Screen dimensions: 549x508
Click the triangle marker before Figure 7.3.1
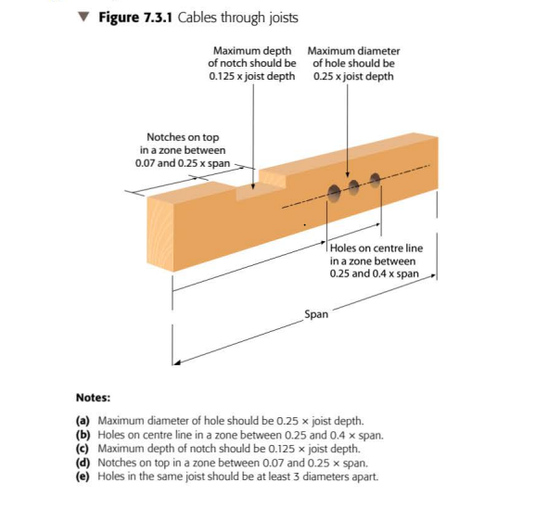pyautogui.click(x=83, y=17)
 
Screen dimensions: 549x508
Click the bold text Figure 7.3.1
pyautogui.click(x=135, y=18)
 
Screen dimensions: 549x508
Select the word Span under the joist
pyautogui.click(x=316, y=314)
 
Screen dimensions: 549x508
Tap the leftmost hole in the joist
pyautogui.click(x=334, y=193)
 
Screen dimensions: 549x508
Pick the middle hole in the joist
pyautogui.click(x=353, y=186)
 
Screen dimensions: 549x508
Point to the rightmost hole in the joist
pyautogui.click(x=375, y=179)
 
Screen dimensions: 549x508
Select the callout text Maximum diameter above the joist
pyautogui.click(x=353, y=51)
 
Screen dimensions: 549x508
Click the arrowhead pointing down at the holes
pyautogui.click(x=348, y=174)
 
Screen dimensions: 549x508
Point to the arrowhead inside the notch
pyautogui.click(x=253, y=186)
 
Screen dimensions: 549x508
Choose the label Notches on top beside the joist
pyautogui.click(x=183, y=137)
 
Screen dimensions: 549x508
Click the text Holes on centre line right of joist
pyautogui.click(x=377, y=248)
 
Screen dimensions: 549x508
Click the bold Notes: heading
pyautogui.click(x=93, y=398)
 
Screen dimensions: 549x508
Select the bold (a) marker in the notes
pyautogui.click(x=83, y=421)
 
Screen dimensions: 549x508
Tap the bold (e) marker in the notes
pyautogui.click(x=83, y=476)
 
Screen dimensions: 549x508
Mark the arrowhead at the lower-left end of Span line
pyautogui.click(x=177, y=362)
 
